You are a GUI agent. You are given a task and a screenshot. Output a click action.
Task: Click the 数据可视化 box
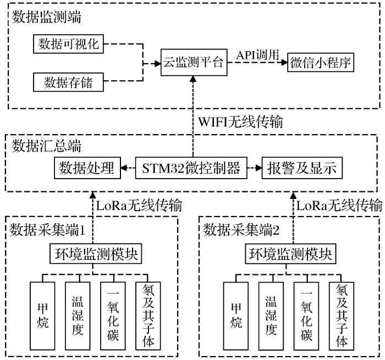pyautogui.click(x=69, y=43)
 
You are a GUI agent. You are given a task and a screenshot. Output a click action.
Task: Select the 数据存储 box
pyautogui.click(x=69, y=83)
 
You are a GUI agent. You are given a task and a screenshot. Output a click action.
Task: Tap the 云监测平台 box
pyautogui.click(x=193, y=62)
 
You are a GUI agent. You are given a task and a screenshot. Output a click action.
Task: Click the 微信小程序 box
pyautogui.click(x=320, y=63)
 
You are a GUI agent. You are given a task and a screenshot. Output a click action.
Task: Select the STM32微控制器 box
pyautogui.click(x=193, y=168)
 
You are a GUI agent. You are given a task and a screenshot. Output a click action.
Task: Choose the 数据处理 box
pyautogui.click(x=86, y=168)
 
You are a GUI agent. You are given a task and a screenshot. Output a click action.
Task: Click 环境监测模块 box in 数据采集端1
pyautogui.click(x=92, y=254)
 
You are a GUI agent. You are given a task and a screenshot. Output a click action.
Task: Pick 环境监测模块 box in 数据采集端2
pyautogui.click(x=290, y=254)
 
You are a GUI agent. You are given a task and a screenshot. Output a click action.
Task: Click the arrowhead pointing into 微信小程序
pyautogui.click(x=284, y=63)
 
